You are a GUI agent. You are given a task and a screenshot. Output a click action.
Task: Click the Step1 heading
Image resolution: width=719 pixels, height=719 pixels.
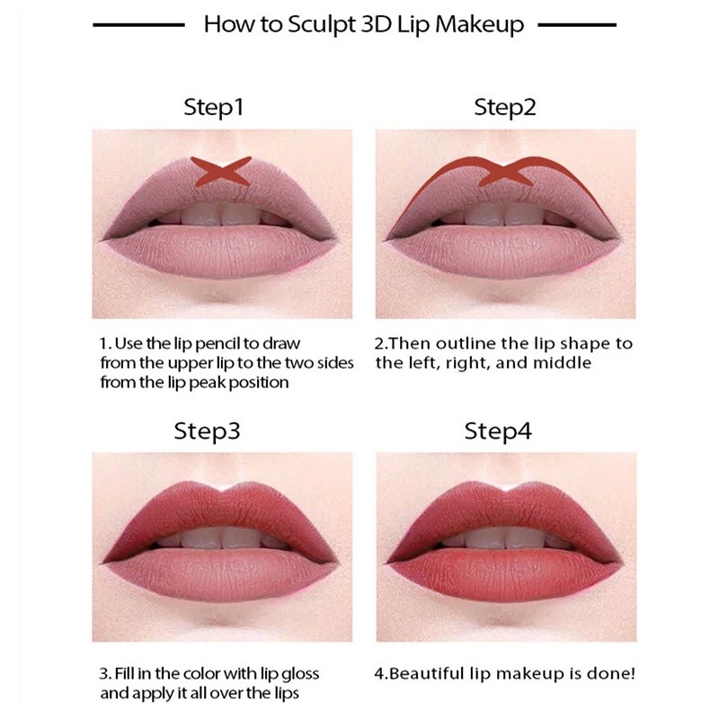tap(214, 108)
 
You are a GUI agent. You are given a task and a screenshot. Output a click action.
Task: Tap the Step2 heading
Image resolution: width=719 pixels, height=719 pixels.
tap(505, 108)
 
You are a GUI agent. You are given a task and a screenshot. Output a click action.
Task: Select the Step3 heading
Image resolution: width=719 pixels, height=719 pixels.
tap(207, 431)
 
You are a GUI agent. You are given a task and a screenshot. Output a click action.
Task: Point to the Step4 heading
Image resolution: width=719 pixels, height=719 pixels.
tap(499, 431)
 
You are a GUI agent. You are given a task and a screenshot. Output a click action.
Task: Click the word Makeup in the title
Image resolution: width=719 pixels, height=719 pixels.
tap(479, 24)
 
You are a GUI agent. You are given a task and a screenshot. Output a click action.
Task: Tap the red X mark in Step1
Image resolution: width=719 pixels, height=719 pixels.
tap(220, 172)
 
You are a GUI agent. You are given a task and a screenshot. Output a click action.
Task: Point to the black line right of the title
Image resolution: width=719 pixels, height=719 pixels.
tap(576, 24)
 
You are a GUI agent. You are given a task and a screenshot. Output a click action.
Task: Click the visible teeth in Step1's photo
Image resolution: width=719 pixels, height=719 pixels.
tap(221, 214)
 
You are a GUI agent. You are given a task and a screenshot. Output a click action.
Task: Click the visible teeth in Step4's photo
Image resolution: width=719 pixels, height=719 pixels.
tap(505, 537)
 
